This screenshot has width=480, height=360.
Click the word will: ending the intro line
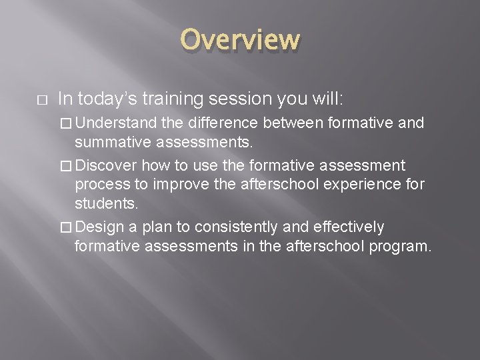(x=326, y=99)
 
